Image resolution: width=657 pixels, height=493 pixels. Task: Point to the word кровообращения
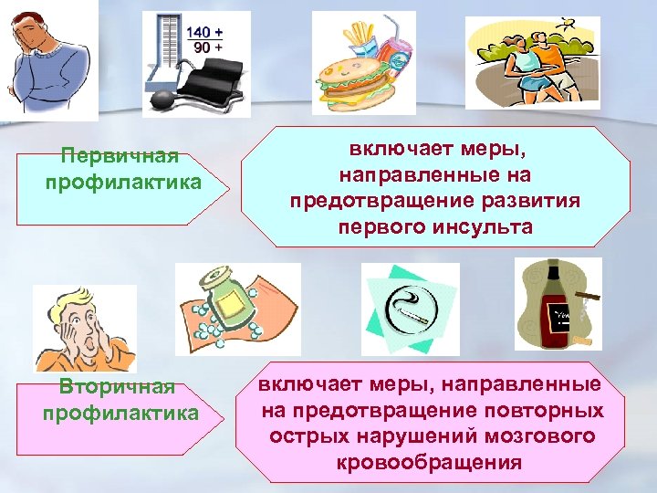429,462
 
